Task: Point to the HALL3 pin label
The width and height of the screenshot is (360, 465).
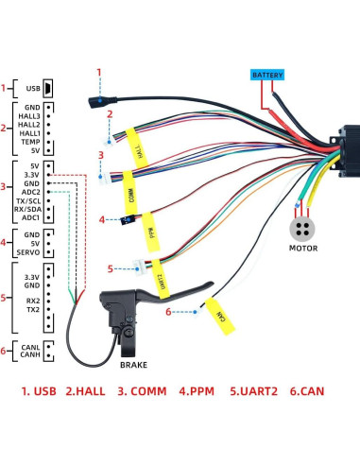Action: (28, 117)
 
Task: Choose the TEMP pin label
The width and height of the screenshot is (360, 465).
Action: (29, 141)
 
